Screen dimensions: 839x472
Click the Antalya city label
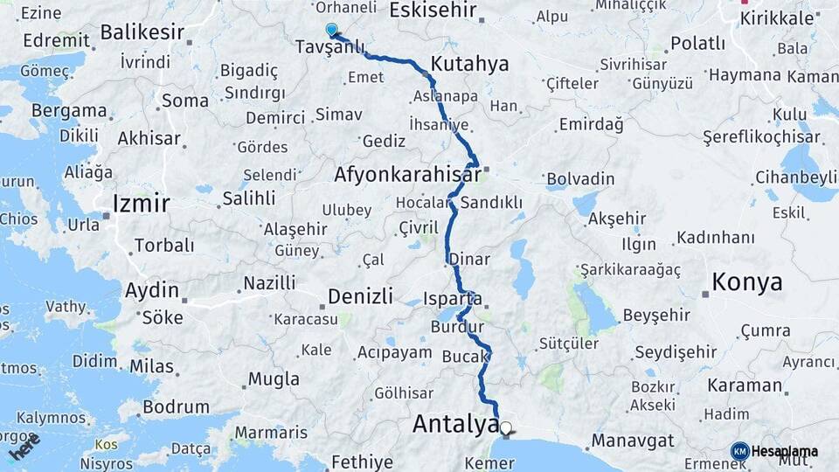pyautogui.click(x=454, y=425)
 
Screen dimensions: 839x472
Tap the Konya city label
pyautogui.click(x=747, y=282)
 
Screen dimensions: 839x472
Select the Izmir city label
pyautogui.click(x=140, y=205)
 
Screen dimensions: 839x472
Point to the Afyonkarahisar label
pyautogui.click(x=407, y=175)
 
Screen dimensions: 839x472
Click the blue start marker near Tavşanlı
pyautogui.click(x=331, y=31)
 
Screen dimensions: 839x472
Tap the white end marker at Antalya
pyautogui.click(x=506, y=428)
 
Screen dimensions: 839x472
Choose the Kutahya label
pyautogui.click(x=469, y=65)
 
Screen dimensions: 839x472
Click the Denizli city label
pyautogui.click(x=360, y=295)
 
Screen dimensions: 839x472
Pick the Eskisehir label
pyautogui.click(x=433, y=10)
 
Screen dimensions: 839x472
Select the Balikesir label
pyautogui.click(x=142, y=33)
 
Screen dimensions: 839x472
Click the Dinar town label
pyautogui.click(x=469, y=260)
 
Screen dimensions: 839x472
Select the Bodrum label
pyautogui.click(x=176, y=407)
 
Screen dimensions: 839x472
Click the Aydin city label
pyautogui.click(x=152, y=290)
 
